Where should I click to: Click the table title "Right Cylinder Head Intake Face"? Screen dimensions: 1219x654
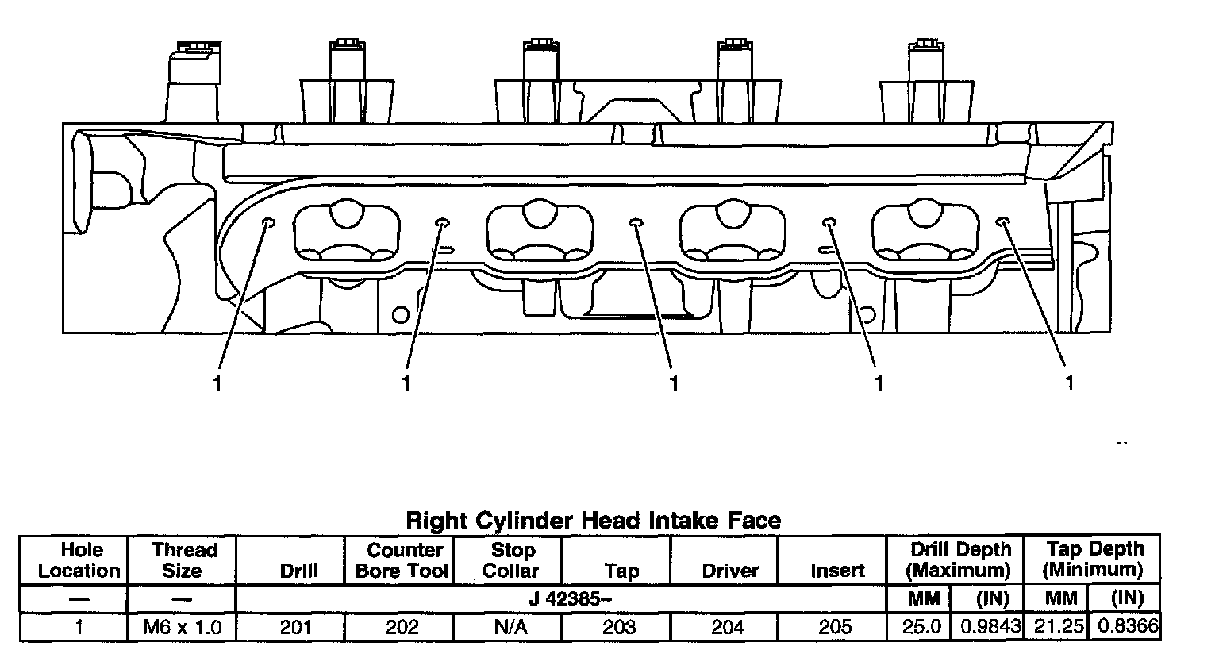click(593, 521)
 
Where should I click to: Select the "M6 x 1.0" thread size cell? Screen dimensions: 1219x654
click(182, 627)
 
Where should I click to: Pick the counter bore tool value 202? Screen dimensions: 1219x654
click(402, 627)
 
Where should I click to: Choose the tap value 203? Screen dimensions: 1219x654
click(619, 627)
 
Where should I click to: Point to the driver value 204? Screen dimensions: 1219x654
click(728, 627)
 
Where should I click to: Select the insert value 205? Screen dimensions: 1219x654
click(836, 627)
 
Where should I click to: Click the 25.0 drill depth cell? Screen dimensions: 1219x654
click(922, 627)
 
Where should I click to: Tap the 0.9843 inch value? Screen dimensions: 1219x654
click(990, 627)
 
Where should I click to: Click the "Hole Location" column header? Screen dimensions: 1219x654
click(80, 560)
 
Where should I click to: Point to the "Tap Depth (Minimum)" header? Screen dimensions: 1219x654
click(1094, 560)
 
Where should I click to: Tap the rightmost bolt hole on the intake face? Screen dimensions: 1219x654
click(1002, 222)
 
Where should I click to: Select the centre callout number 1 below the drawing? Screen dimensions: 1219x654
click(674, 384)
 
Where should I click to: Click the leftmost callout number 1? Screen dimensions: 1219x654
click(216, 384)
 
